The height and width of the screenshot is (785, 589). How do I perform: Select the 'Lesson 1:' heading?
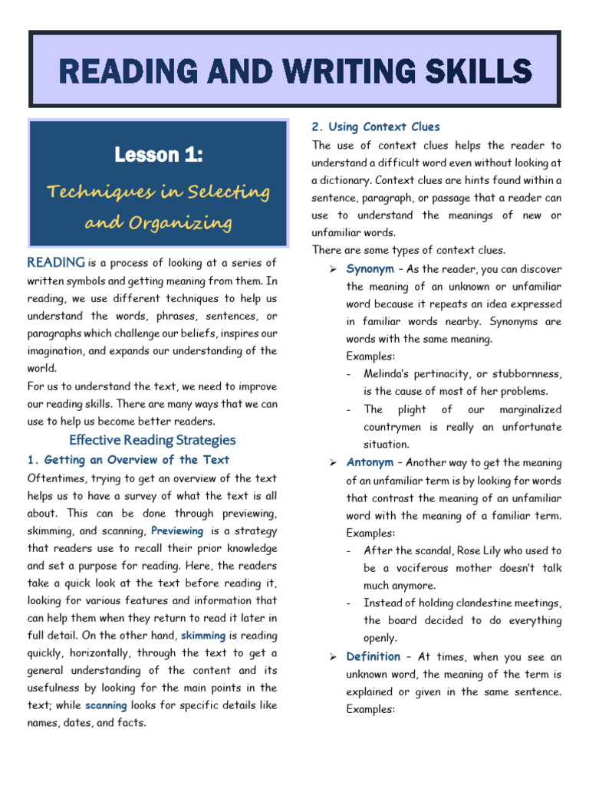point(159,156)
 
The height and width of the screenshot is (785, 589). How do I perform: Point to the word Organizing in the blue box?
point(191,223)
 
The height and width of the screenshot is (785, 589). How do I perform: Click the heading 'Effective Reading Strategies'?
point(153,440)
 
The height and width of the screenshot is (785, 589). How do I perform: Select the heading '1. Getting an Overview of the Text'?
point(128,460)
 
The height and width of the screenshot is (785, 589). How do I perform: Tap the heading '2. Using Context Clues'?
point(376,126)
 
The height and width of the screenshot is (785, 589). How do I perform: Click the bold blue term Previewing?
point(177,530)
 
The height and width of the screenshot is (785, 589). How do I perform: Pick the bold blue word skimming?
point(202,636)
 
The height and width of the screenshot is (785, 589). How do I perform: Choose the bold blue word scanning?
point(106,705)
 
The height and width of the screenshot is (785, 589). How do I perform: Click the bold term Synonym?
point(370,269)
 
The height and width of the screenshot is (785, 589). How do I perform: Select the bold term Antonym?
point(370,463)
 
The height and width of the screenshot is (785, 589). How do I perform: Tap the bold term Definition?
point(373,657)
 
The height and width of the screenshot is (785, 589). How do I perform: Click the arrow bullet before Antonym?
point(334,463)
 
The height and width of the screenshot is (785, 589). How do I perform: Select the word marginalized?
point(530,409)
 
